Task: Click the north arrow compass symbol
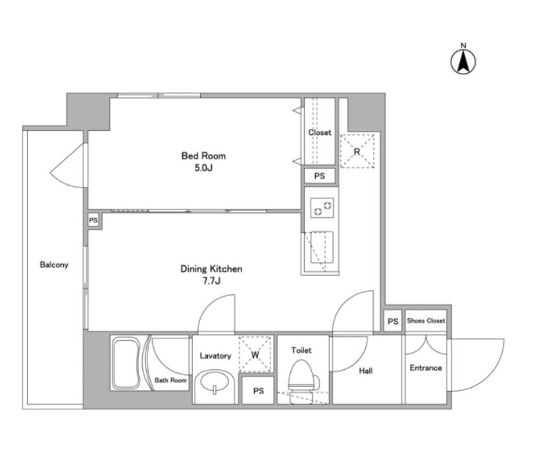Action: [x=463, y=61]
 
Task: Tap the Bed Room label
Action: [x=203, y=156]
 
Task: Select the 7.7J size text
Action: [x=211, y=281]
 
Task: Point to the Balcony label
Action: [x=54, y=265]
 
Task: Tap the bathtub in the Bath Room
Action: [x=126, y=363]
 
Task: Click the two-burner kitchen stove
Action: [x=322, y=207]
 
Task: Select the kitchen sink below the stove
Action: [x=322, y=247]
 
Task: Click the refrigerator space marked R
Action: [x=357, y=151]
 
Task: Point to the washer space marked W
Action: [x=255, y=355]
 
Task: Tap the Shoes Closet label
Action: [x=426, y=321]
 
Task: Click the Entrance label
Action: [x=426, y=368]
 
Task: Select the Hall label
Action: [x=366, y=371]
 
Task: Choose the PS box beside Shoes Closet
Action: [x=393, y=321]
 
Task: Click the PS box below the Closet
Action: [x=320, y=176]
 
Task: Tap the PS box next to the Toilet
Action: [x=258, y=390]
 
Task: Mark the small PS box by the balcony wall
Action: [x=93, y=220]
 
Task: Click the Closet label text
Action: [x=320, y=132]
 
